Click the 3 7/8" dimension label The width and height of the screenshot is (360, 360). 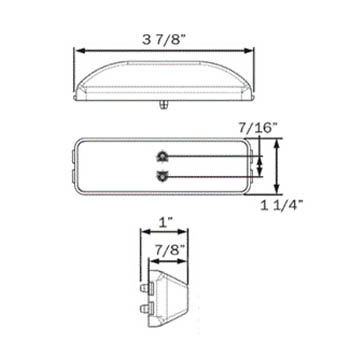pos(164,40)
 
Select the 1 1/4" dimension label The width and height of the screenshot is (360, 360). pos(281,206)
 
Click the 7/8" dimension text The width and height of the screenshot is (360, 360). pos(170,250)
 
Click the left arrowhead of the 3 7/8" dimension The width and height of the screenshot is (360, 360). pos(78,51)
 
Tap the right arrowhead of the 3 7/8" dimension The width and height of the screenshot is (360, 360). pos(249,51)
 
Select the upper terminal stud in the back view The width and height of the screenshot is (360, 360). pos(162,156)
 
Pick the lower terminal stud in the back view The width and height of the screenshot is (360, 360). pos(162,176)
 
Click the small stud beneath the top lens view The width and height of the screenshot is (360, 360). pos(162,104)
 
